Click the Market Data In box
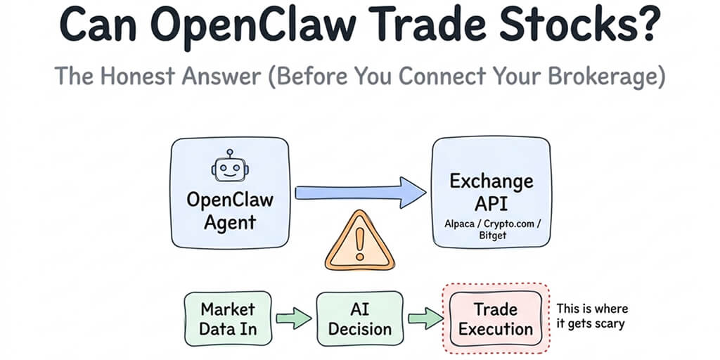[x=228, y=319]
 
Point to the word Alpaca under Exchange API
[x=462, y=224]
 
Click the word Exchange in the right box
[x=491, y=181]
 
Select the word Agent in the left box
[x=230, y=223]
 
